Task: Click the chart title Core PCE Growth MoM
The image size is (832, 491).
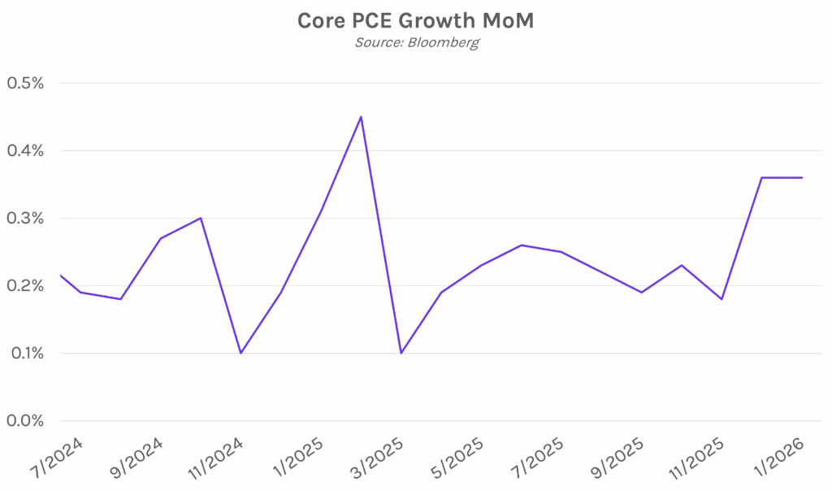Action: click(x=415, y=21)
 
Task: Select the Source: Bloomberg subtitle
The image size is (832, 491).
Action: click(x=415, y=41)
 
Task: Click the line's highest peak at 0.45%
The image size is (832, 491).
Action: click(x=361, y=116)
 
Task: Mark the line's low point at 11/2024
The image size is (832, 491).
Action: click(x=240, y=353)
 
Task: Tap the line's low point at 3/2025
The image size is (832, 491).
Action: click(x=401, y=353)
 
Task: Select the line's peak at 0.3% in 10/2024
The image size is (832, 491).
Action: click(x=201, y=218)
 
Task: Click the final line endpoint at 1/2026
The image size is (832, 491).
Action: click(x=802, y=177)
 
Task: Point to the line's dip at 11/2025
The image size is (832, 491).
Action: click(x=721, y=299)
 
